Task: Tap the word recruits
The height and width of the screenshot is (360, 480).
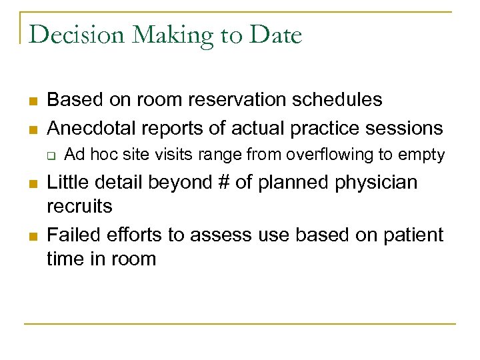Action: coord(79,206)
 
